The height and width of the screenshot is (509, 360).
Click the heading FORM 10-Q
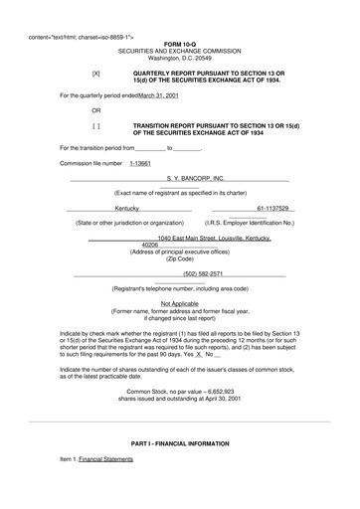tap(180, 46)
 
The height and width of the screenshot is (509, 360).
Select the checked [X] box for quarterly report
tap(95, 74)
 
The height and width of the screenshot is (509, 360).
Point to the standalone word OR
tap(95, 111)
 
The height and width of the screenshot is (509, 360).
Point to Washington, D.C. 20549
tap(180, 60)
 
